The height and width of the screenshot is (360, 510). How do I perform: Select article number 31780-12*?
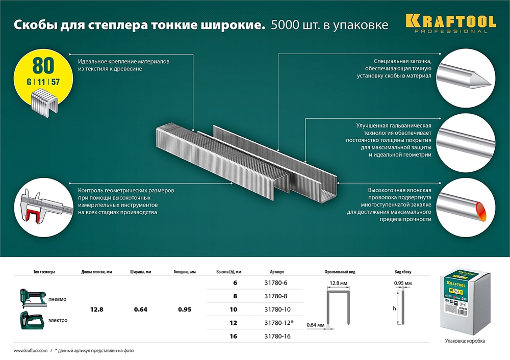pyautogui.click(x=278, y=323)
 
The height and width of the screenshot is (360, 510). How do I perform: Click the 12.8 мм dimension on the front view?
pyautogui.click(x=339, y=282)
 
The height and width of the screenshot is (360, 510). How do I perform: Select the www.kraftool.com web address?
pyautogui.click(x=30, y=351)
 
